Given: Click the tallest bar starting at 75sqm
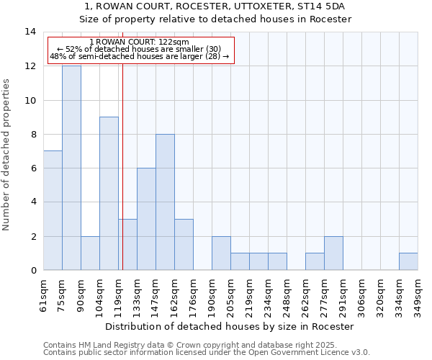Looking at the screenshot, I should pos(71,168).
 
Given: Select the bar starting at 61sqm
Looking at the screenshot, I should pos(53,210).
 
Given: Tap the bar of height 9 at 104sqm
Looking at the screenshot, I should pos(109,193).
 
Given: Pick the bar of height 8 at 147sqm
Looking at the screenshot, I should pos(165,202).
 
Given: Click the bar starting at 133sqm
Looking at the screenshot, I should pos(146,219).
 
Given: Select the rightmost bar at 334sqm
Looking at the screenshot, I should pos(408,261).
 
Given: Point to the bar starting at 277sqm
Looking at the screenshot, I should pos(333,253).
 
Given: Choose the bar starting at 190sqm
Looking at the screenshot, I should pos(221,253).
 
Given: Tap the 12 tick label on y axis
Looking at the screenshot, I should pos(31,66).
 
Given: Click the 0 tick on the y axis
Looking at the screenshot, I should pos(33,270).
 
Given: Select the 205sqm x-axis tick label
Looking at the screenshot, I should pos(231,294).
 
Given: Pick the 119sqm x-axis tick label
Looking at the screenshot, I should pos(119,294).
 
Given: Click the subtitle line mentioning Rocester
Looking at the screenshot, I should pos(215,19).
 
